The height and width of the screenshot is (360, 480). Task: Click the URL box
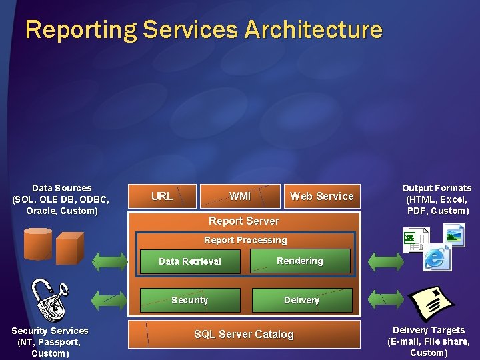click(162, 196)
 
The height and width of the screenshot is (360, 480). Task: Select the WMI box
click(240, 196)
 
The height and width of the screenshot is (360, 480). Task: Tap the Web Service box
click(322, 196)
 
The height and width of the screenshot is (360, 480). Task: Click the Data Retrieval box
click(190, 261)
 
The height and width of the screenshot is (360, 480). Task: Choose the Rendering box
click(300, 261)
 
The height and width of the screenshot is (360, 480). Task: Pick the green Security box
click(190, 300)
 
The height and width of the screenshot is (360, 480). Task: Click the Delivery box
click(302, 300)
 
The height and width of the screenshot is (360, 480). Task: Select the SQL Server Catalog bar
click(244, 334)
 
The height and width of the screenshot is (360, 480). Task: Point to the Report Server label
click(244, 221)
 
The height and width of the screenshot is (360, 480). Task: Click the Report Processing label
click(245, 240)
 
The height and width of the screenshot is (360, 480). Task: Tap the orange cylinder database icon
click(38, 243)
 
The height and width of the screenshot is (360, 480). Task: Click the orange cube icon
click(69, 248)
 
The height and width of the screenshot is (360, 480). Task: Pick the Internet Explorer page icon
click(437, 257)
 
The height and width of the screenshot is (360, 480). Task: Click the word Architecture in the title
click(313, 30)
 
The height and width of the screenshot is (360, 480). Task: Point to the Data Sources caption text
click(61, 199)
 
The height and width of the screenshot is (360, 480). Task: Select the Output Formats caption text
click(437, 199)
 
